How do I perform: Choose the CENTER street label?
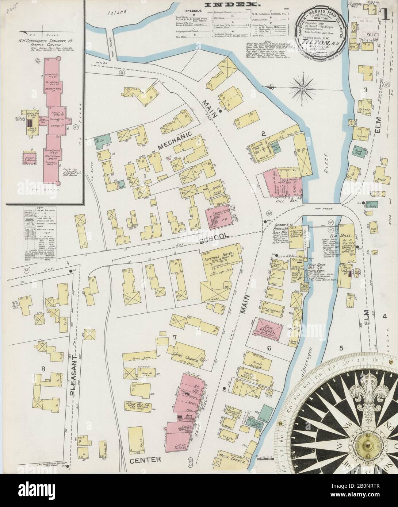(145, 450)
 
